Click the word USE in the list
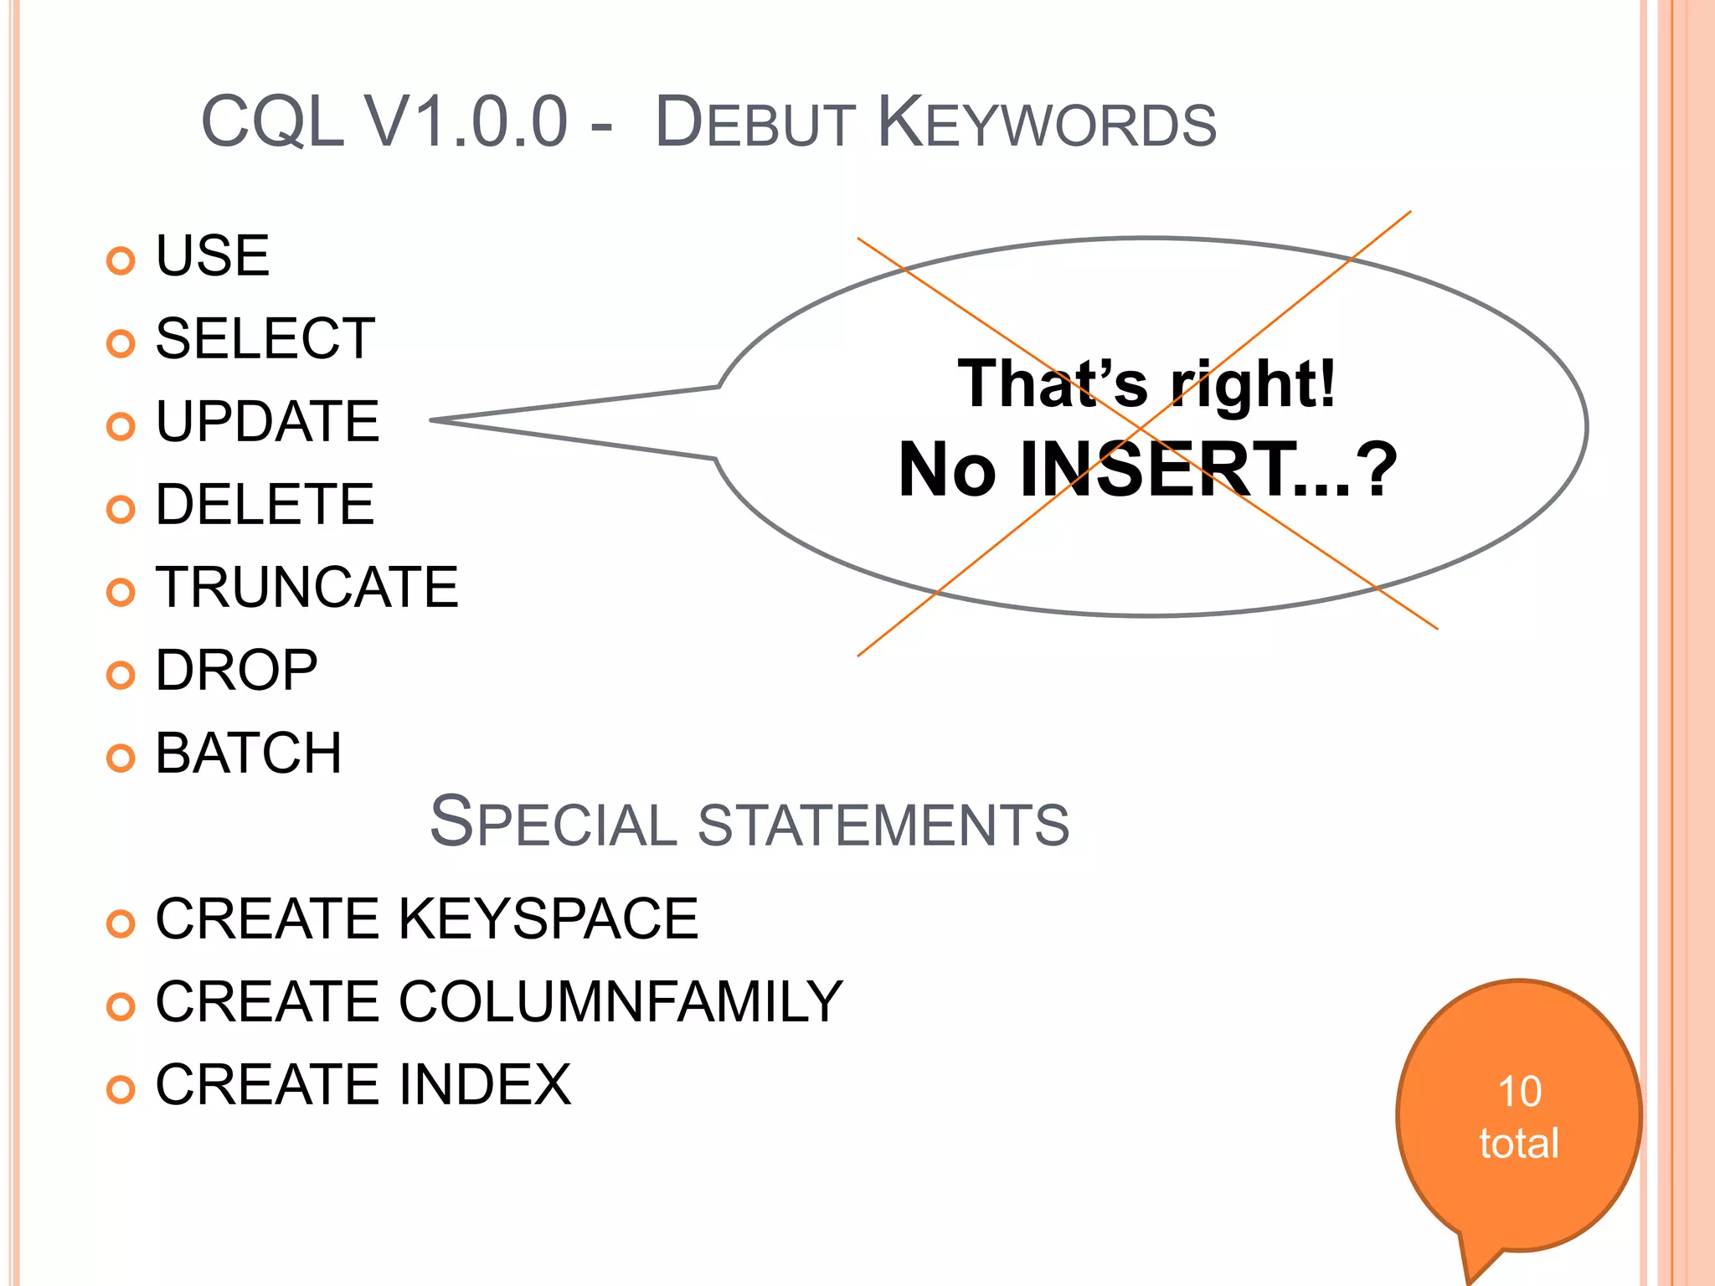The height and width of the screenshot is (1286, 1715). click(x=213, y=256)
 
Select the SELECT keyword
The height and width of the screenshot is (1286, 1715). click(x=265, y=339)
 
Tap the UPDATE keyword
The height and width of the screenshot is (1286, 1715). click(x=267, y=421)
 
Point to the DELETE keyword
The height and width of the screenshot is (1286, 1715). click(x=265, y=504)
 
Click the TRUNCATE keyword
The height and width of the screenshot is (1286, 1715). click(x=306, y=587)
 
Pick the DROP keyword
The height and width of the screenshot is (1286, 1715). click(x=236, y=670)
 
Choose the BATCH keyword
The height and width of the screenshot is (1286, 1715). click(x=249, y=753)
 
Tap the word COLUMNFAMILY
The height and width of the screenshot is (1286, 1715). click(x=621, y=1001)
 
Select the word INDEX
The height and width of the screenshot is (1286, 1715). click(x=485, y=1084)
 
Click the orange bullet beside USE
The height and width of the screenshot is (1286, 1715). click(x=121, y=261)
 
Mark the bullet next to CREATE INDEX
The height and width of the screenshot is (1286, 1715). click(x=121, y=1089)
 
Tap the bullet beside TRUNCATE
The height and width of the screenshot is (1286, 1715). click(x=121, y=592)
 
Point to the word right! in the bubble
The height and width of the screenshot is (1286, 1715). click(x=1253, y=384)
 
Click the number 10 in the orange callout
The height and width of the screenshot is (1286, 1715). click(x=1519, y=1092)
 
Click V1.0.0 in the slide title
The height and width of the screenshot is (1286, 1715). click(x=466, y=122)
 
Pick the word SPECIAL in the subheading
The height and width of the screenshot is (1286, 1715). click(x=553, y=822)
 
